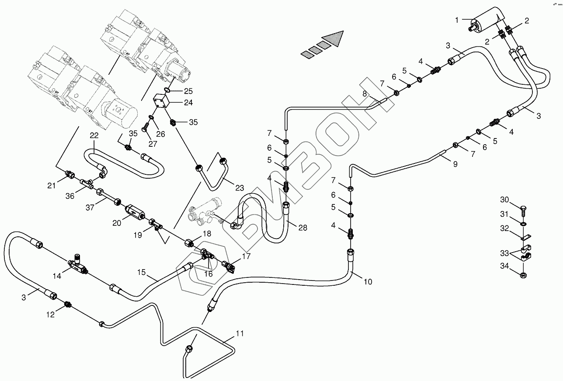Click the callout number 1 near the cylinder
coord(457,20)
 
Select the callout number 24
coord(188,103)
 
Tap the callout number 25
coord(188,91)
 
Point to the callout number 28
coord(303,228)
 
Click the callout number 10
coord(368,282)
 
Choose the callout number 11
coord(240,333)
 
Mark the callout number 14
coord(57,276)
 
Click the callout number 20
coord(117,223)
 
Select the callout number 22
coord(94,135)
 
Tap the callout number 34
coord(504,266)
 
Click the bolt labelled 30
coord(523,211)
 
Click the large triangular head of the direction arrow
coord(333,39)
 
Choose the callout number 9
coord(455,164)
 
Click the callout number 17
coord(246,256)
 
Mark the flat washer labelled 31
coord(523,224)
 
